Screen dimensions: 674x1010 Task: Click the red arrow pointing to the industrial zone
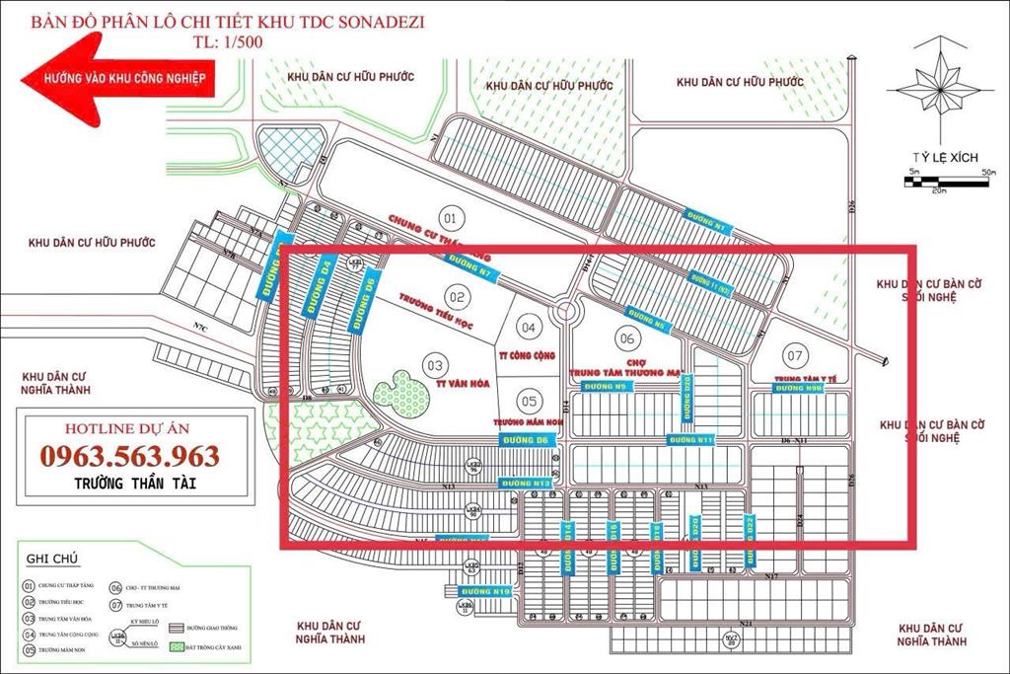click(118, 77)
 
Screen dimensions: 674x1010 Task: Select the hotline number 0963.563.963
click(130, 456)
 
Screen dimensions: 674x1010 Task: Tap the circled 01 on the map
click(451, 217)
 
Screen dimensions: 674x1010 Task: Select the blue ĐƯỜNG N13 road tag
click(525, 484)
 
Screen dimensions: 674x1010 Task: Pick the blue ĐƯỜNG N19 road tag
click(487, 591)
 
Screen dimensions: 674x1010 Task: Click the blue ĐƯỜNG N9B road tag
click(800, 389)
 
